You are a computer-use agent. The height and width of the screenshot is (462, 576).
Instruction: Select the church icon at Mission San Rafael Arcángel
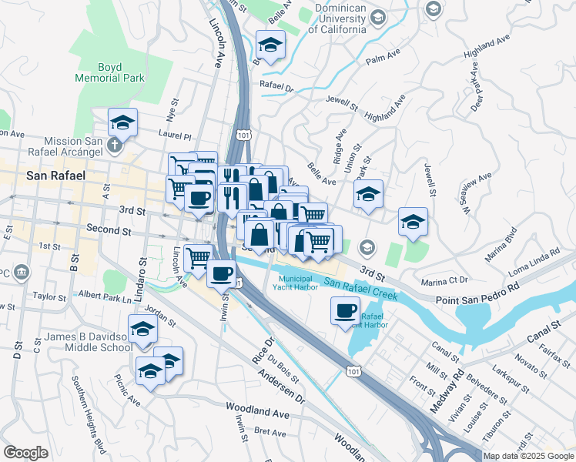click(115, 144)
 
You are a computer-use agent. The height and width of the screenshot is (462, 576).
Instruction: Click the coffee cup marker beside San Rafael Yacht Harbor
click(345, 311)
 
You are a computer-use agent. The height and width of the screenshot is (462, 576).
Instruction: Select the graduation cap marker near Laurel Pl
click(122, 122)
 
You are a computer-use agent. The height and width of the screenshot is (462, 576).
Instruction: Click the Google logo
click(25, 453)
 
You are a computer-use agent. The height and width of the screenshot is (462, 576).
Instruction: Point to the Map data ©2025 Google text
click(528, 456)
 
